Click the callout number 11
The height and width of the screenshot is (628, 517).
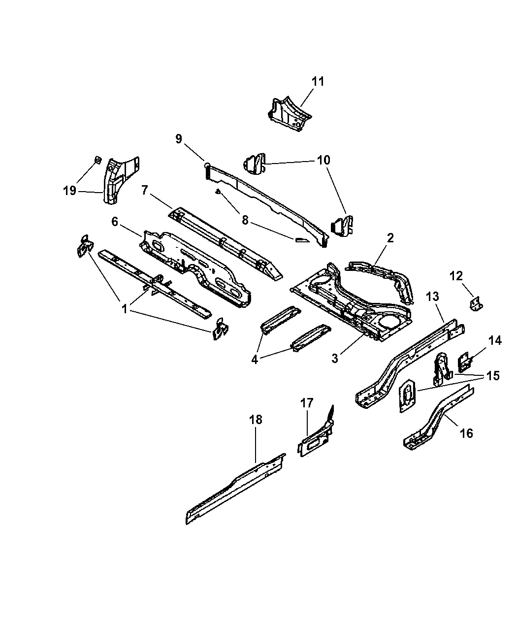pyautogui.click(x=318, y=81)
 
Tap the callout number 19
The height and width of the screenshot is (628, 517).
pyautogui.click(x=69, y=191)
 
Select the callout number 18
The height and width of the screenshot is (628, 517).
pyautogui.click(x=256, y=420)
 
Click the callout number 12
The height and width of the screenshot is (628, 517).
pyautogui.click(x=456, y=276)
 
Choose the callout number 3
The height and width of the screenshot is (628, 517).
pyautogui.click(x=335, y=358)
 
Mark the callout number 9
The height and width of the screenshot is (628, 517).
pyautogui.click(x=179, y=139)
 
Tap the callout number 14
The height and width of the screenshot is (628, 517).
pyautogui.click(x=495, y=341)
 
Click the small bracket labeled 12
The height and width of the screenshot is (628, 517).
pyautogui.click(x=476, y=304)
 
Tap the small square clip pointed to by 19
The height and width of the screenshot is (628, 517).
pyautogui.click(x=97, y=160)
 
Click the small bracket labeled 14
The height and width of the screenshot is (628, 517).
pyautogui.click(x=464, y=362)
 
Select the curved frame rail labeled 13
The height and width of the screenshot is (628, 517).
pyautogui.click(x=409, y=364)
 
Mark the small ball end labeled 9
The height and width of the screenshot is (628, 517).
pyautogui.click(x=207, y=165)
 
